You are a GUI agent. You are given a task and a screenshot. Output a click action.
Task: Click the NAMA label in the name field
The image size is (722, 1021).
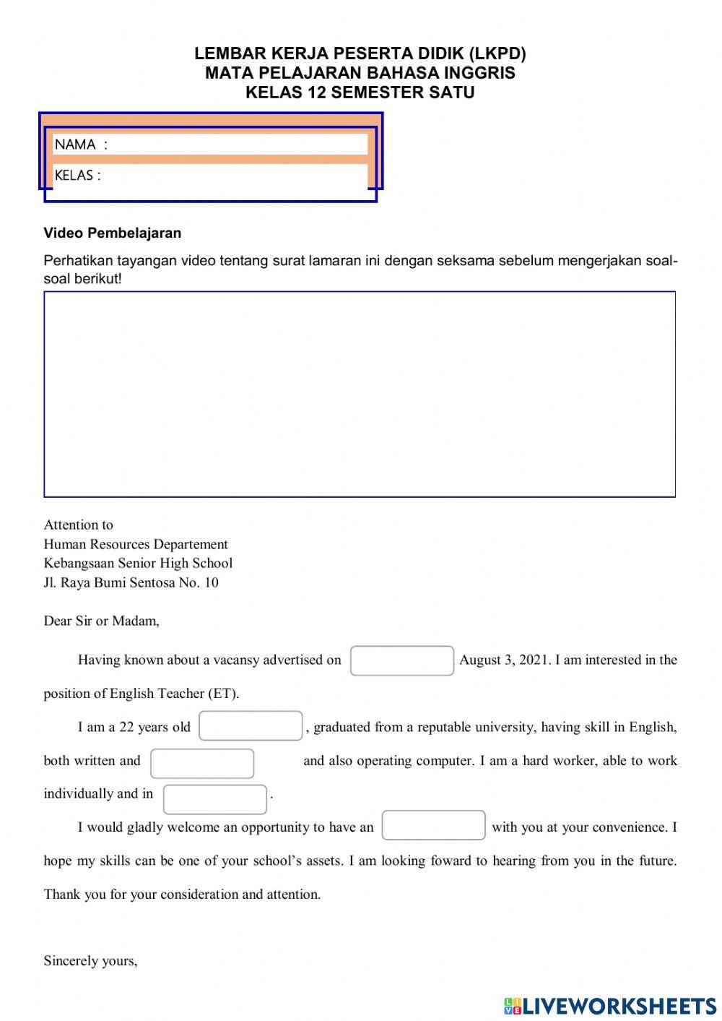coord(75,145)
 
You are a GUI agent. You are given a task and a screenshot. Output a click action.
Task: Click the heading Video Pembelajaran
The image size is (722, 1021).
coord(113,233)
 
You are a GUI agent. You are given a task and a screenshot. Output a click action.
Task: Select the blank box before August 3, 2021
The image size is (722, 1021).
coord(401,660)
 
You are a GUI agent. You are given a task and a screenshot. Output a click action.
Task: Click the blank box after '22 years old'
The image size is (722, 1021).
coord(251,726)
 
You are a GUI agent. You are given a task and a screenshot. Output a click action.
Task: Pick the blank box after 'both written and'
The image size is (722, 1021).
coord(202,763)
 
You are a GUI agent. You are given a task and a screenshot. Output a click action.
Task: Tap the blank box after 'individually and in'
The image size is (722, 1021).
coord(214,799)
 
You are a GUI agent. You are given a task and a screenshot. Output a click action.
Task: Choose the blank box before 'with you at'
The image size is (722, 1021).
coord(433,825)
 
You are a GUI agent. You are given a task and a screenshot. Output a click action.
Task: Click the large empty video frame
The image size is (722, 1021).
coord(360,395)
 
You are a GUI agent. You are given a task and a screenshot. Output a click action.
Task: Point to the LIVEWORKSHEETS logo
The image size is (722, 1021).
coord(610,1005)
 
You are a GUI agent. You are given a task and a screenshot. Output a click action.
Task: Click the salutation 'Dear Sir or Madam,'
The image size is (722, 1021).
coord(102,621)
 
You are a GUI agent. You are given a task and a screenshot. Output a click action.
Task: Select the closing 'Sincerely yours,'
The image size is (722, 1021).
coord(90,960)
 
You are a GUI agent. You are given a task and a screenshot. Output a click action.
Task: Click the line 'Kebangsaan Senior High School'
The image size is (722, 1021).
coord(138,564)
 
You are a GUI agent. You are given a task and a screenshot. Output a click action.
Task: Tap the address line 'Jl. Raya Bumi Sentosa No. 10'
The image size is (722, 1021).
coord(131,582)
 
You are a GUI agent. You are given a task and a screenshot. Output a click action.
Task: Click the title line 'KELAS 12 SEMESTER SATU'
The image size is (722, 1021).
coord(360,92)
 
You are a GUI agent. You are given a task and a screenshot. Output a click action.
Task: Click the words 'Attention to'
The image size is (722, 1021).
coord(78,525)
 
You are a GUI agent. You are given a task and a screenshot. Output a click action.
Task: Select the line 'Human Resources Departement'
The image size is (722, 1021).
coord(136,544)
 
